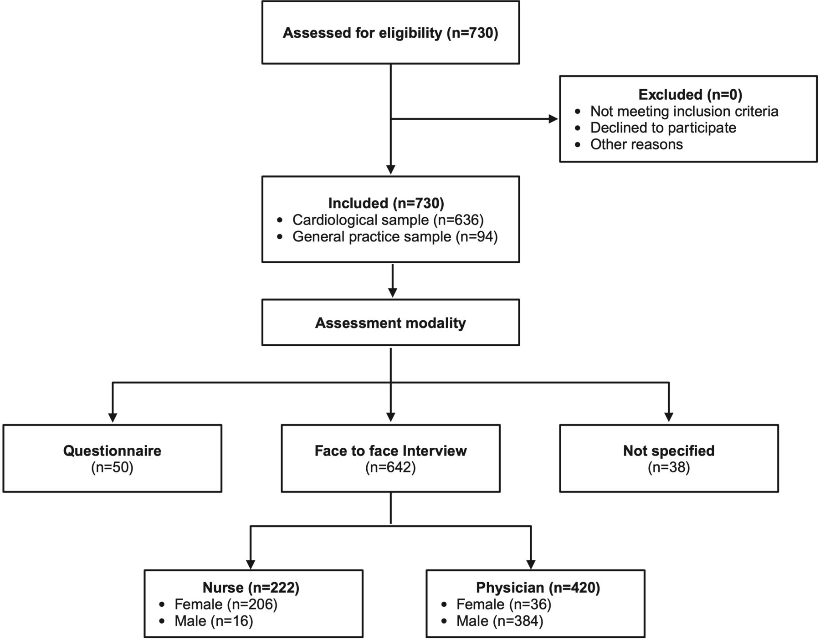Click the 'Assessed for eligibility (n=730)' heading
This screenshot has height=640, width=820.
390,33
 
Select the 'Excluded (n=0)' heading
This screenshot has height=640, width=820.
690,94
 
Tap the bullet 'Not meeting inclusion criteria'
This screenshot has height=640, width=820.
684,111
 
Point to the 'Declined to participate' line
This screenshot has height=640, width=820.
663,128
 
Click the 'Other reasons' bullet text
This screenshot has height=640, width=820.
636,144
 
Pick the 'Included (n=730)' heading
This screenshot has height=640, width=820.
386,203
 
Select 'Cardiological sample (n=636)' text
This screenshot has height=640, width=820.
388,220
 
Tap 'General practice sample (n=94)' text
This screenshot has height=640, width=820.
395,237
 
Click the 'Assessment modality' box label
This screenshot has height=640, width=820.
390,323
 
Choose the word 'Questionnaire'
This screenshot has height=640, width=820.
112,451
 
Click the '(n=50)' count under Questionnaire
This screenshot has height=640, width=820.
112,468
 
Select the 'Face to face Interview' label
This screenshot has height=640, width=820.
390,451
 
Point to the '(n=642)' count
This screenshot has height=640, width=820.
390,468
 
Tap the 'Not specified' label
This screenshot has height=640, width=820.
669,451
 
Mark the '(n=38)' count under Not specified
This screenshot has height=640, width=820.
669,468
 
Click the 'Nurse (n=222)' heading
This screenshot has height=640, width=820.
251,588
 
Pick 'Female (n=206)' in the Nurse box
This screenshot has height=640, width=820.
226,604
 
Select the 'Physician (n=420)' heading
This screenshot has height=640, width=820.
538,588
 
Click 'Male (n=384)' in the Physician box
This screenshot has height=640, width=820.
500,621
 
